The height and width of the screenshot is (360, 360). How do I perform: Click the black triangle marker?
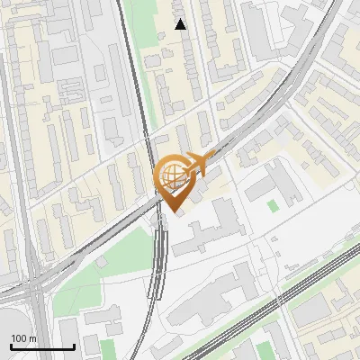181,24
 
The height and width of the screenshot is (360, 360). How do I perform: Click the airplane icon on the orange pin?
199,164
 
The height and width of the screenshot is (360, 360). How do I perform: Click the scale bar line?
41,347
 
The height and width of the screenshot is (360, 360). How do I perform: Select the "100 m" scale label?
23,338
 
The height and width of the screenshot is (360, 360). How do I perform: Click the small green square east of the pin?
273,206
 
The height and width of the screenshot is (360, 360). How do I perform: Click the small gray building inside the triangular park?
102,261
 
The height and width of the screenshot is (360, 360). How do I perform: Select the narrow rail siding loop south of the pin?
159,261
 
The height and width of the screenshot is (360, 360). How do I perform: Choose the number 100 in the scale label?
18,338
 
